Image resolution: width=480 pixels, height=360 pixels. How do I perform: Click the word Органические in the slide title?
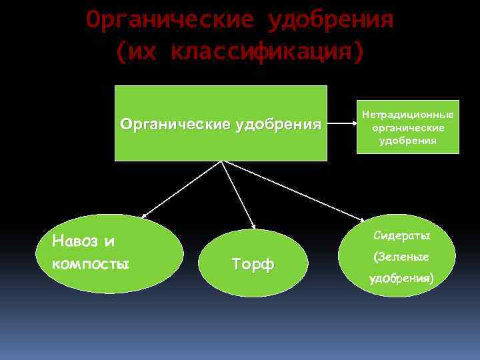click(169, 21)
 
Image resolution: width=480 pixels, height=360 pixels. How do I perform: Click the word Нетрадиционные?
click(407, 115)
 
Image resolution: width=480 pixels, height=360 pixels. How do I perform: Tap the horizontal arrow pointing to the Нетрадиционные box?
click(341, 123)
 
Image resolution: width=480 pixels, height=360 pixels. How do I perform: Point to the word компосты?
click(90, 263)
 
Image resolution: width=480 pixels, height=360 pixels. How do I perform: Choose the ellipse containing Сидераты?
click(397, 255)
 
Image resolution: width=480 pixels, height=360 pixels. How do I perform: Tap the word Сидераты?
click(402, 236)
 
